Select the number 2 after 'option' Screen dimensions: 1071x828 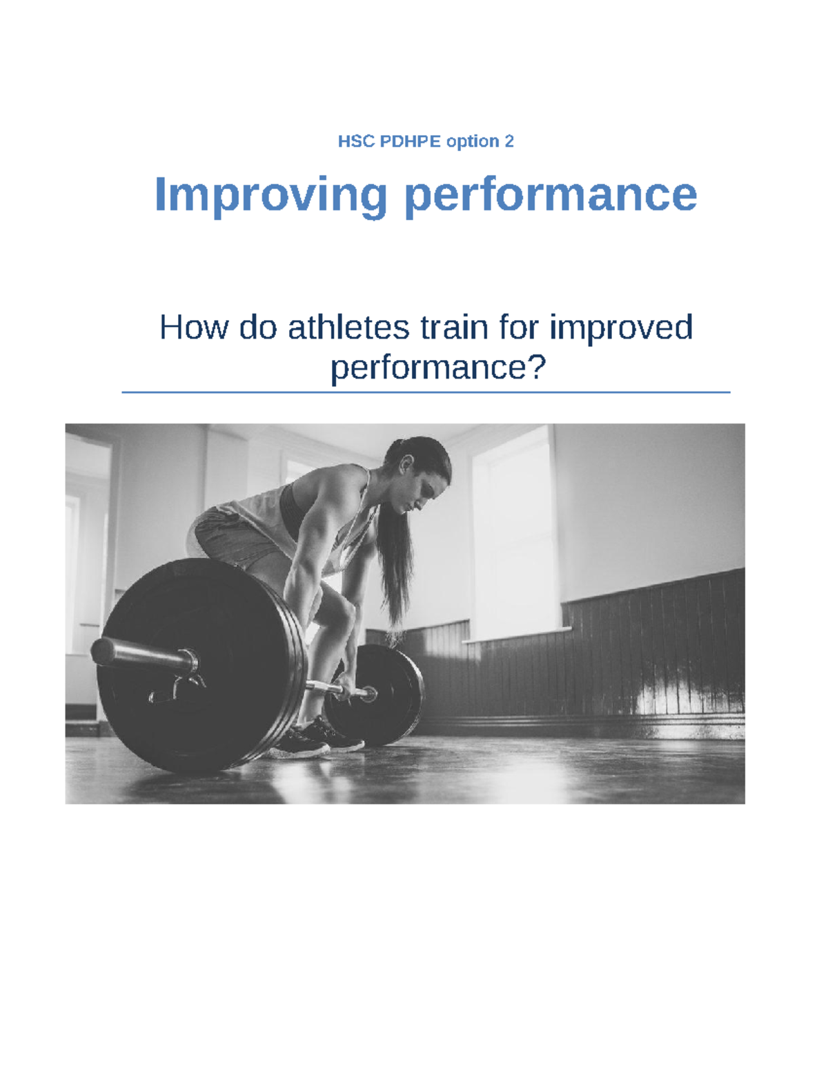point(509,141)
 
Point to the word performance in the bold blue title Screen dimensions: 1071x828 point(550,194)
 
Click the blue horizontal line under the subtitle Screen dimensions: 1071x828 point(426,392)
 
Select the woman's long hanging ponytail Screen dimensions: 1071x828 point(393,565)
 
